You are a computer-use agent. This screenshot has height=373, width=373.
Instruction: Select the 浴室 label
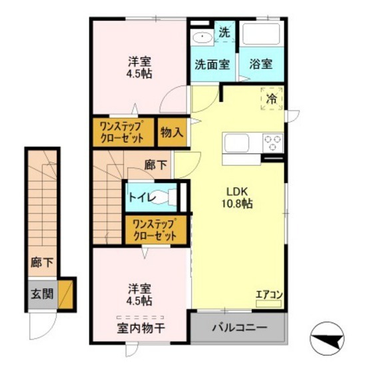[261, 65]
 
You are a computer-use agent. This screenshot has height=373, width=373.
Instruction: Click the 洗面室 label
[212, 65]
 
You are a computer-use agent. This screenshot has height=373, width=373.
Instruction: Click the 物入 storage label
[171, 132]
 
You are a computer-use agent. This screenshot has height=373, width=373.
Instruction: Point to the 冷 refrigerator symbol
[271, 99]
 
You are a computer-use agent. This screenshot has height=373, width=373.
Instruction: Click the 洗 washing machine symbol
[224, 33]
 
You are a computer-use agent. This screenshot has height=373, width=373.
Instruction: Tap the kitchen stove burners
[273, 142]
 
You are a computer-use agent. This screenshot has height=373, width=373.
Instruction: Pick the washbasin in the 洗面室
[201, 37]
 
